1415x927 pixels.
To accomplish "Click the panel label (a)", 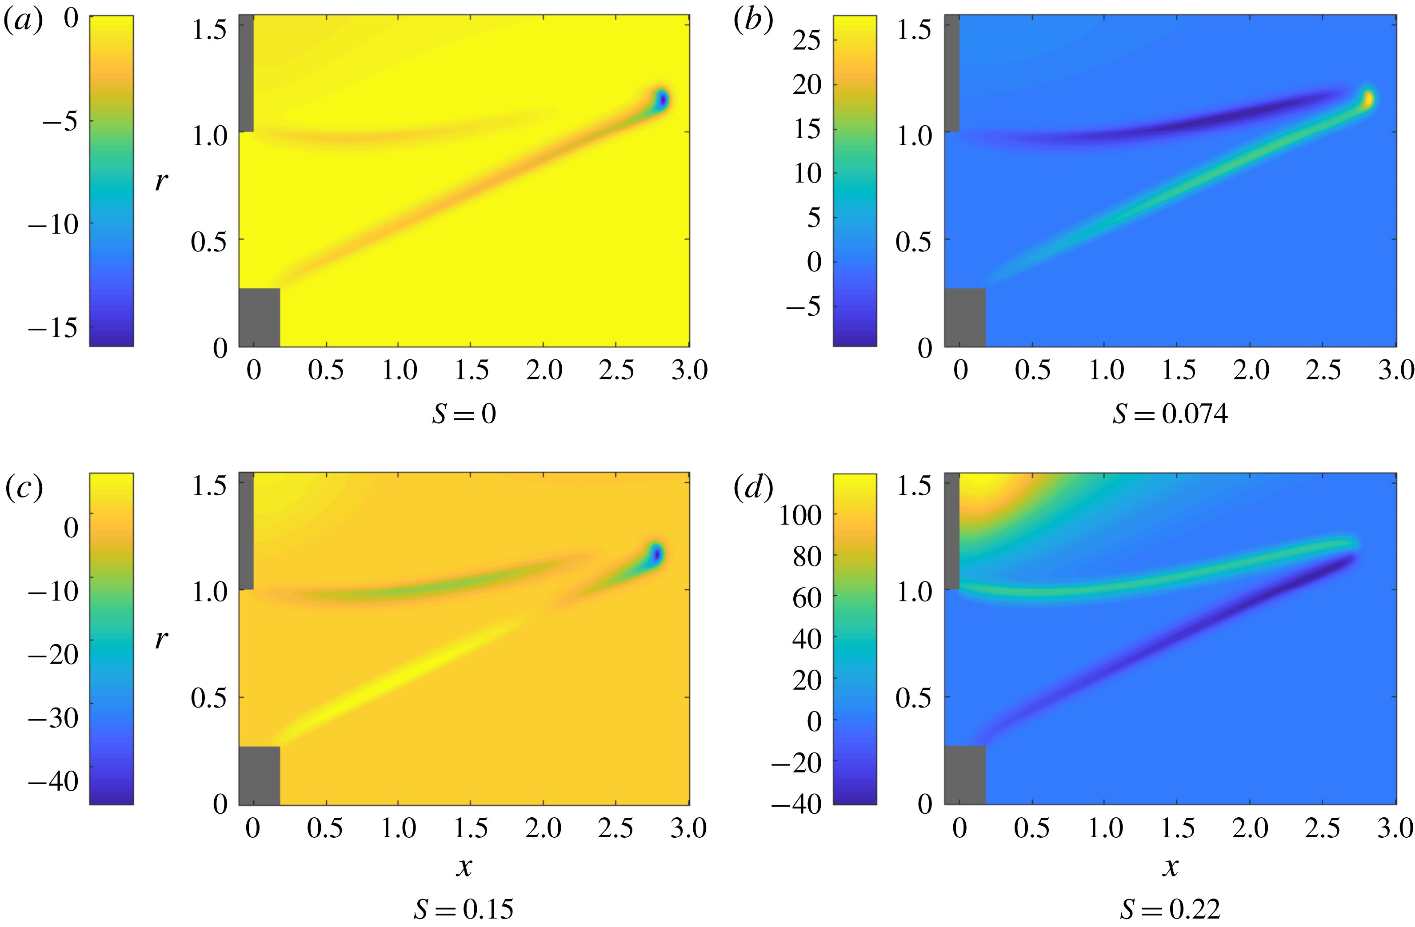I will click(23, 21).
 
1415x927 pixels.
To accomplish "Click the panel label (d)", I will click(753, 489).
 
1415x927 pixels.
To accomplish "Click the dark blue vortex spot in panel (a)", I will click(662, 100).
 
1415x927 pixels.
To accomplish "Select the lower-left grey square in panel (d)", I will click(965, 775).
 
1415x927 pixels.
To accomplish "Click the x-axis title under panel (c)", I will click(464, 867).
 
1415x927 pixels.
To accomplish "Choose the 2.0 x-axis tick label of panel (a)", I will click(544, 370).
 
